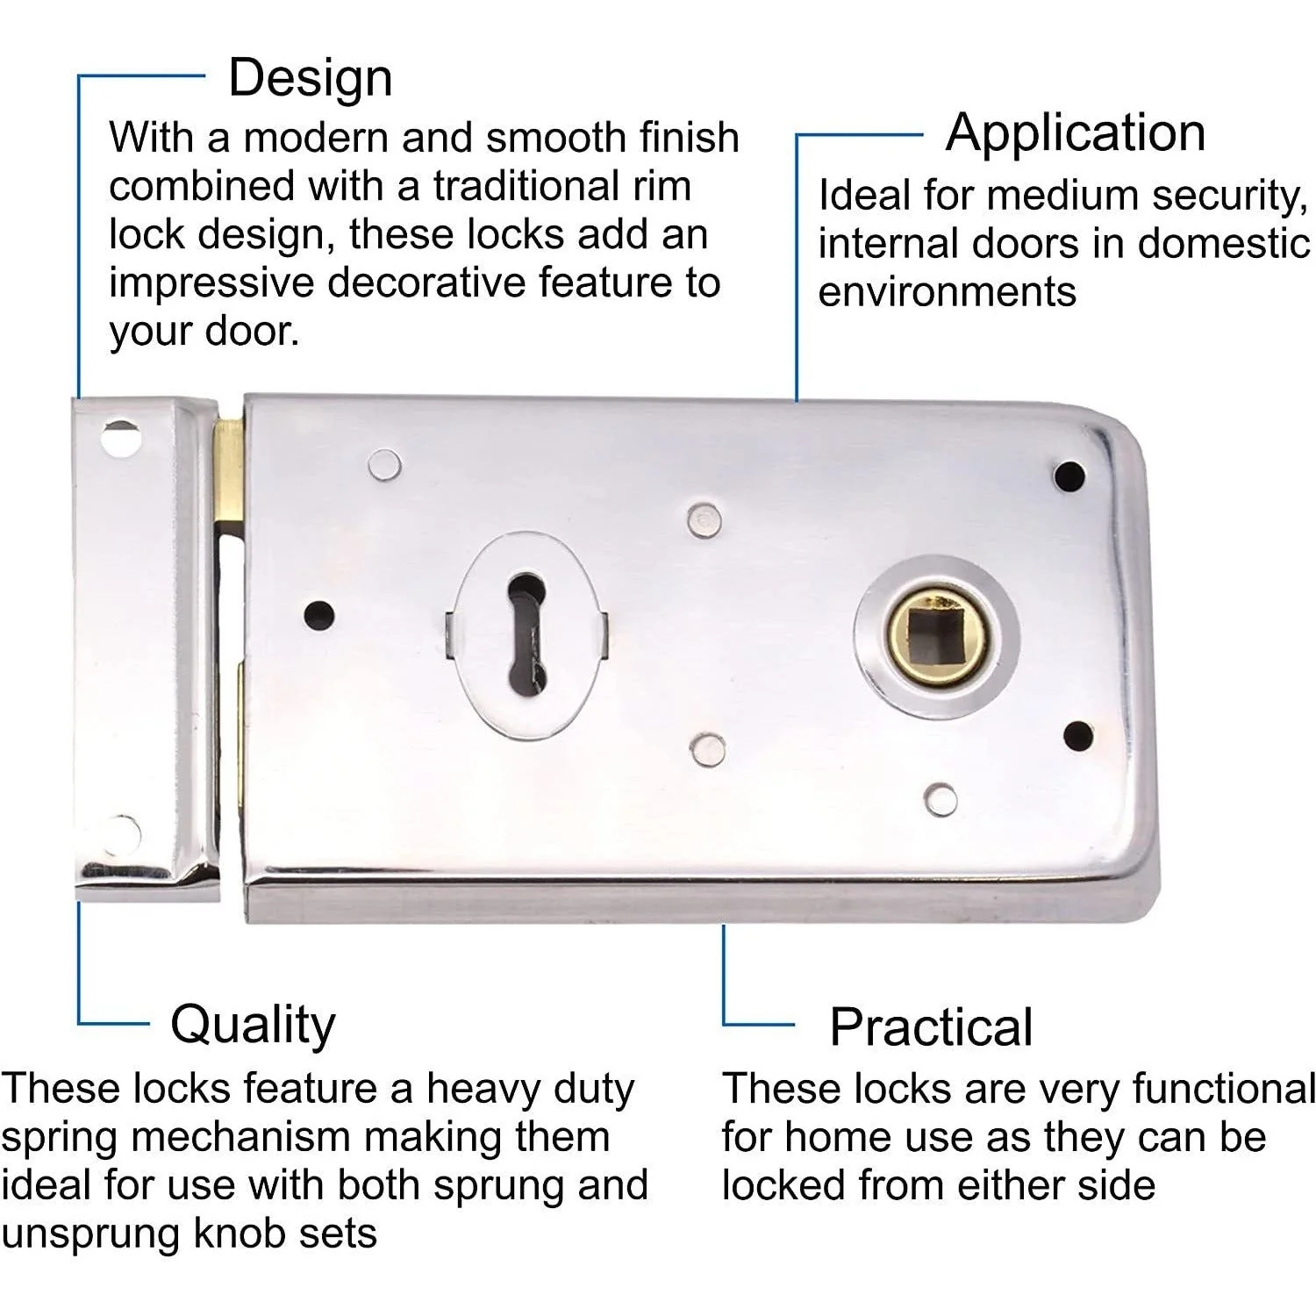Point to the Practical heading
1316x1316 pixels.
pyautogui.click(x=931, y=1027)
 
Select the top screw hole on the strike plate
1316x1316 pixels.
pyautogui.click(x=120, y=437)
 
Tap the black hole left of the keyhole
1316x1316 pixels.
pyautogui.click(x=319, y=614)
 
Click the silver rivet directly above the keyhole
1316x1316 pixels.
pyautogui.click(x=703, y=519)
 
